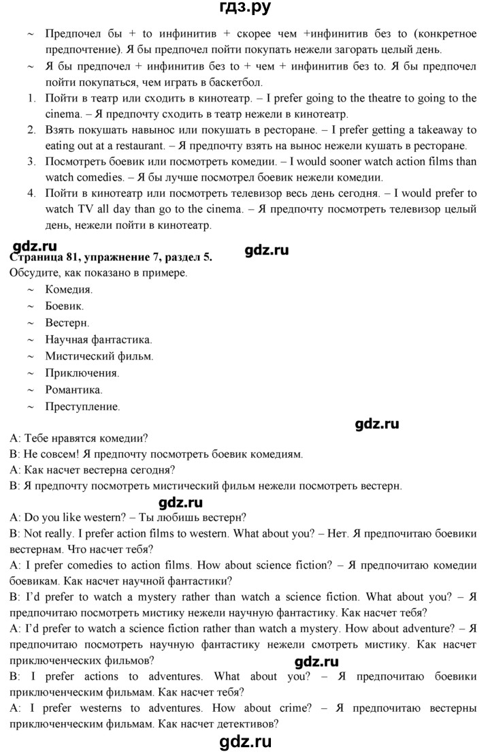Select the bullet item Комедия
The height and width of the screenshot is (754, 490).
69,289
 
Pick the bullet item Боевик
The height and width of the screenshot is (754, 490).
65,306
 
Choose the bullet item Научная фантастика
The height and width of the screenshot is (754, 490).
99,339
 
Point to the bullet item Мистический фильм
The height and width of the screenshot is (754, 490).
99,356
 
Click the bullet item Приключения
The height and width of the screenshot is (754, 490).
82,373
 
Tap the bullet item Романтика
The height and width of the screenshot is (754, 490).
74,390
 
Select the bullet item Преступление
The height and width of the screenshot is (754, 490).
82,407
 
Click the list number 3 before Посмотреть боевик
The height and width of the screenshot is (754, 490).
31,161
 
